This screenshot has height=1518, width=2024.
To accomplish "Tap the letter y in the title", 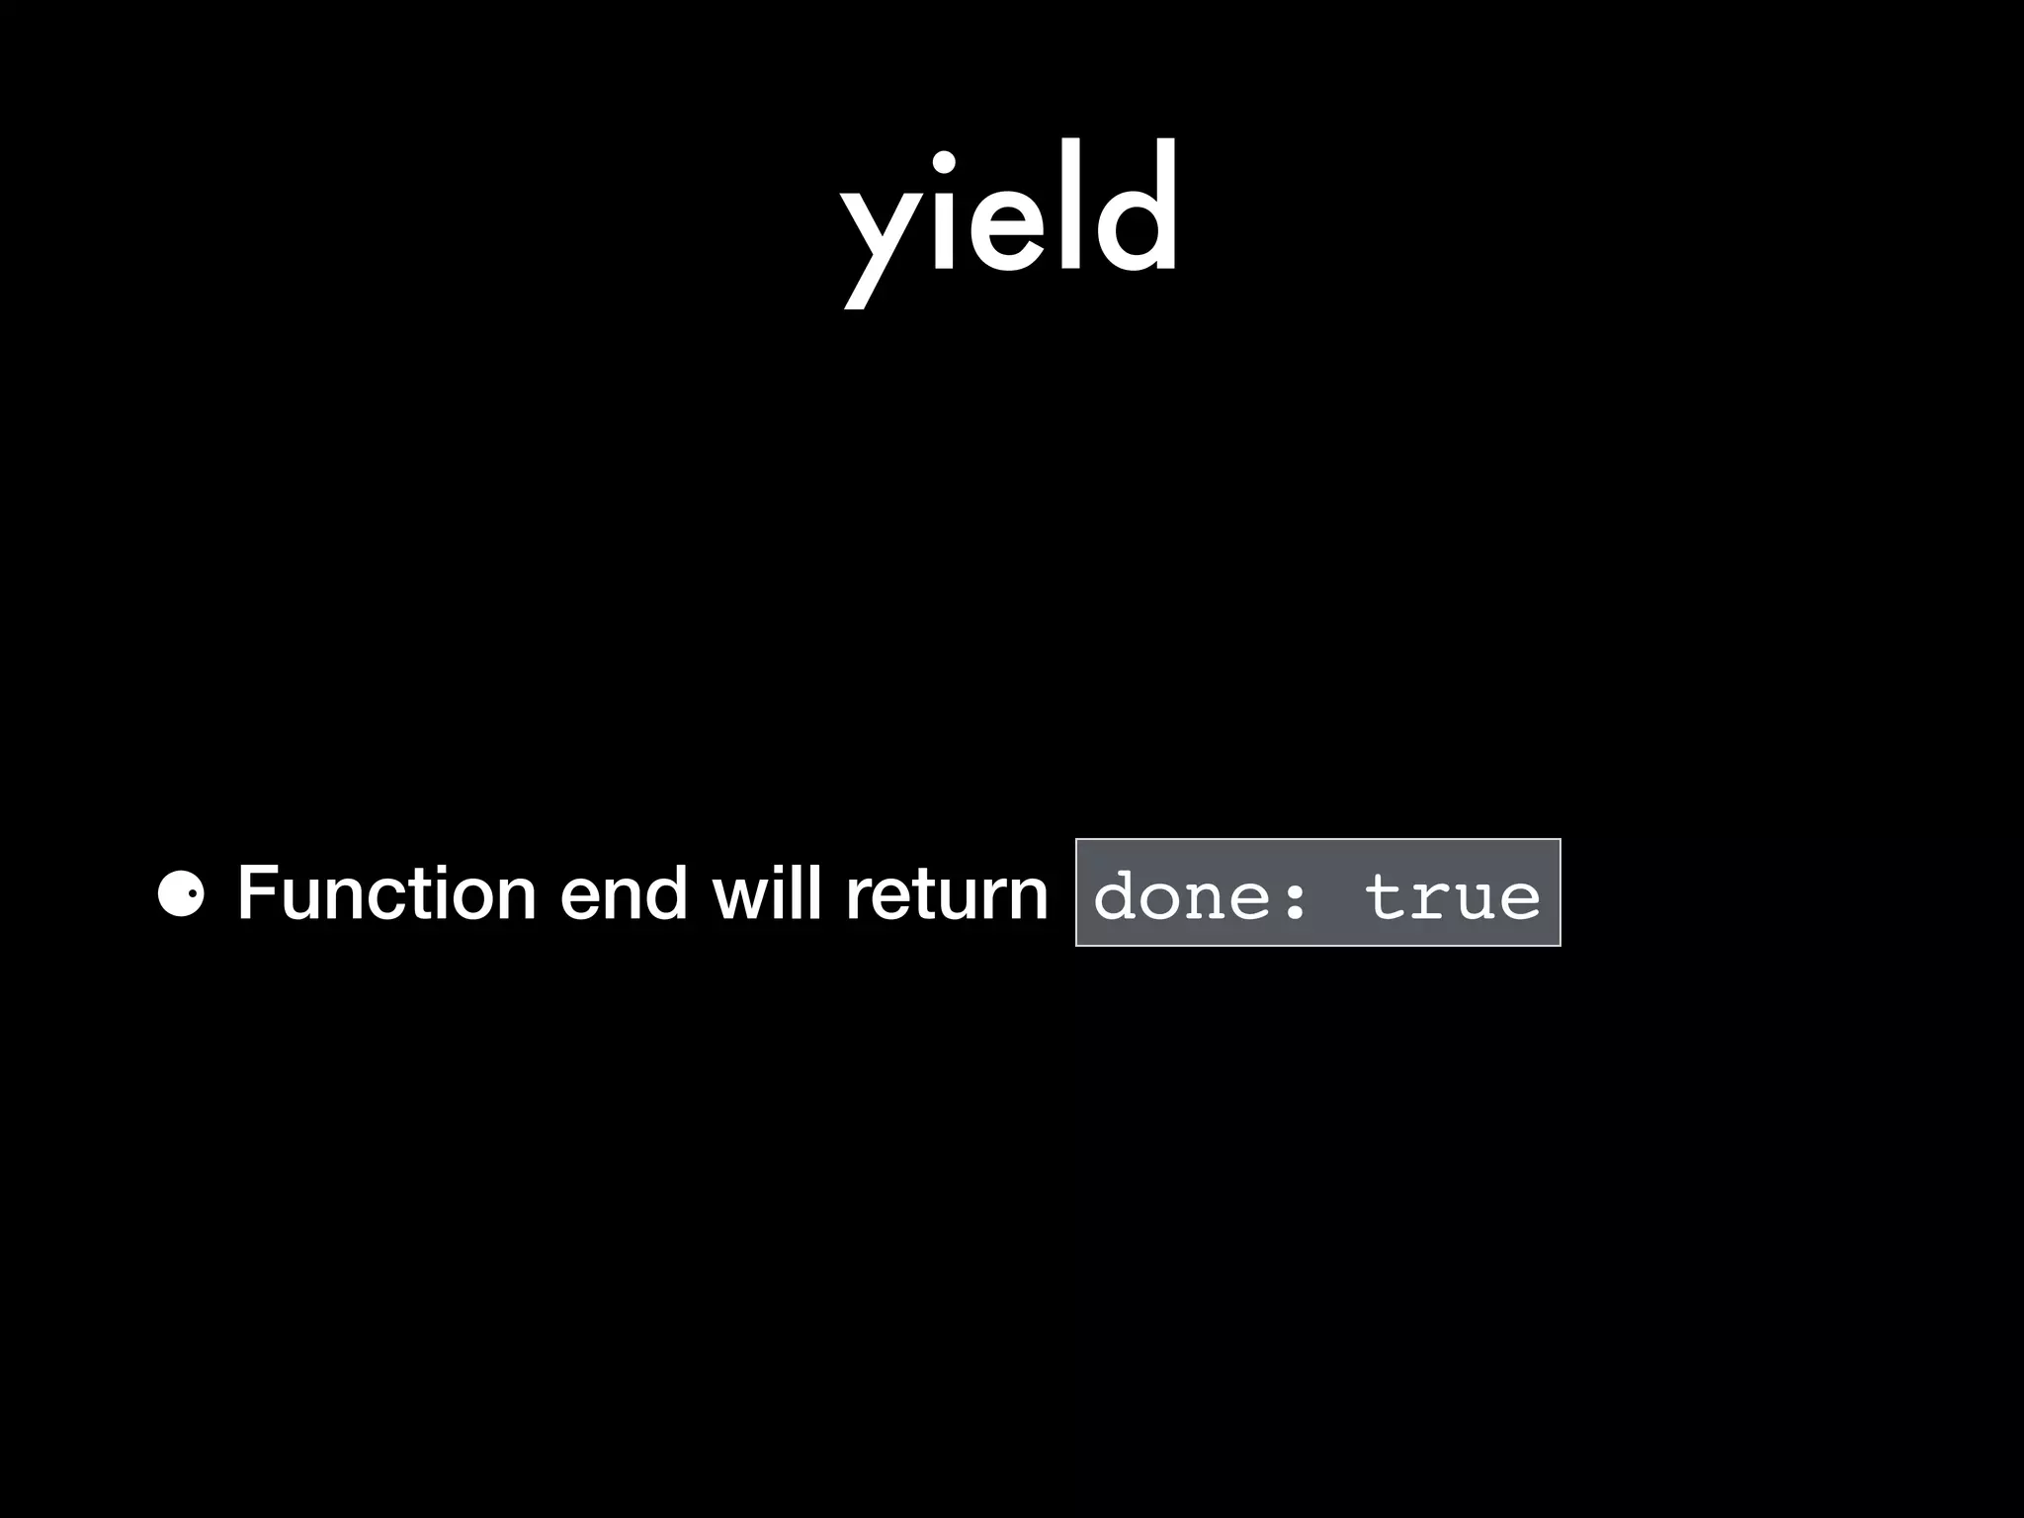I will (x=881, y=237).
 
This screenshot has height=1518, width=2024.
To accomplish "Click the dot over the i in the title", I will (x=944, y=164).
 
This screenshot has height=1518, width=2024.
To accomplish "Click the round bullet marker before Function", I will (x=181, y=894).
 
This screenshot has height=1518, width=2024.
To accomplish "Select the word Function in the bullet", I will (x=386, y=893).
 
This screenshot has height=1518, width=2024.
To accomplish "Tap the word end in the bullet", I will (x=623, y=893).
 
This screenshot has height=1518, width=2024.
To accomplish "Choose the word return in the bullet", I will (x=946, y=893).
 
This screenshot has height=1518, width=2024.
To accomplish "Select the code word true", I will (x=1452, y=895).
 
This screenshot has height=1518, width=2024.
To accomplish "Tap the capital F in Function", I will (x=255, y=893).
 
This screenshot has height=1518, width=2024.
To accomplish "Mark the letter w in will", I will (x=740, y=895).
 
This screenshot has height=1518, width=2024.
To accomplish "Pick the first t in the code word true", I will (x=1385, y=895).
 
